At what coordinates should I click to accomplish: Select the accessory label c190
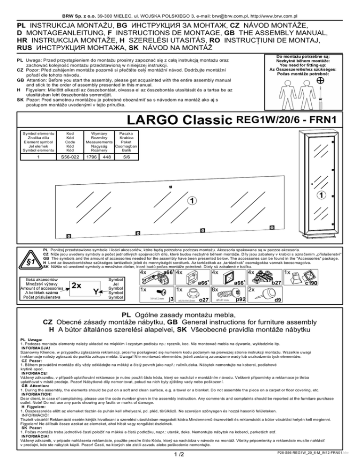click(311, 283)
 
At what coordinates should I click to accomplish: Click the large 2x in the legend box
click(77, 284)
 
